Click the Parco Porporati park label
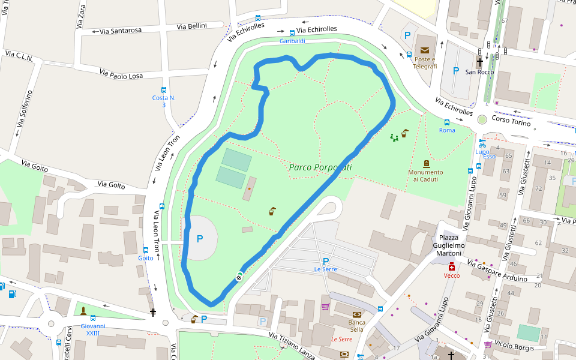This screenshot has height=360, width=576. (x=320, y=167)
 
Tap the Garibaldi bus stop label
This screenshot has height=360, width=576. (x=292, y=41)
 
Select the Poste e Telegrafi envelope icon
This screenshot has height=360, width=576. (x=425, y=50)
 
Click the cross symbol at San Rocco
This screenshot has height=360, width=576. (x=479, y=61)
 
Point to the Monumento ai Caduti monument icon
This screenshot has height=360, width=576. (x=426, y=163)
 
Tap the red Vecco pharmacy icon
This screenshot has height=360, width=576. (x=451, y=266)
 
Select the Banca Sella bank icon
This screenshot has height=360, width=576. (x=357, y=314)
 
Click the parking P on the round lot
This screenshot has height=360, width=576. (x=200, y=239)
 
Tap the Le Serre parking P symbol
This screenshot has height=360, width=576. (x=326, y=261)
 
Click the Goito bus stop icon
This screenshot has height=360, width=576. (x=146, y=250)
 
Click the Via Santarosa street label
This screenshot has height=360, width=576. (x=119, y=29)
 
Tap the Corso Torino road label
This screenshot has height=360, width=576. (x=511, y=122)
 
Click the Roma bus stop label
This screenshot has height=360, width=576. (x=447, y=130)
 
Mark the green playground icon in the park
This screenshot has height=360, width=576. (x=394, y=137)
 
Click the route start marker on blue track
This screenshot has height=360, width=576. (x=239, y=276)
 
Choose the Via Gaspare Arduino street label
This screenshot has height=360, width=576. (x=497, y=271)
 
